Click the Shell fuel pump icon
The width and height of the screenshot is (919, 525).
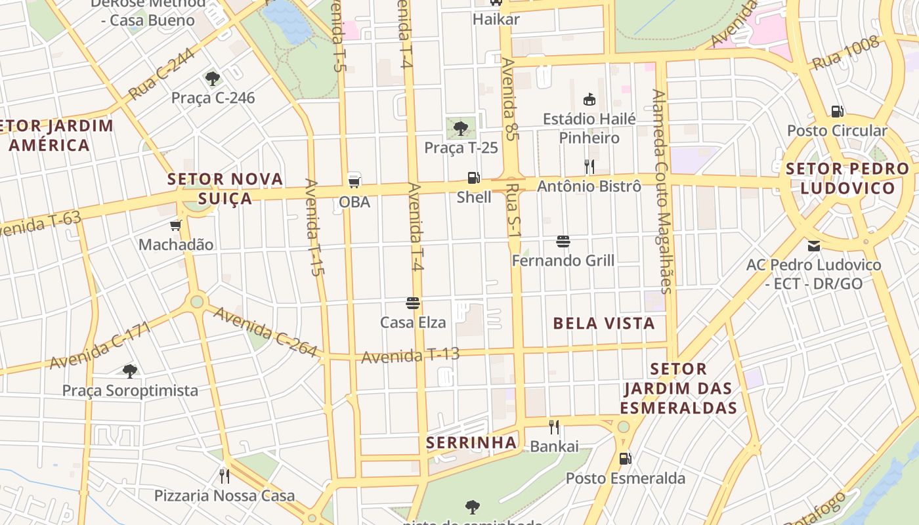473,177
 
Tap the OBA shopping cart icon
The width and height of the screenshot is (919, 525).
354,182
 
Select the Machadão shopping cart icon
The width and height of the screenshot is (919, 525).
175,226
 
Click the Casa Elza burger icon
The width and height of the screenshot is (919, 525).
413,303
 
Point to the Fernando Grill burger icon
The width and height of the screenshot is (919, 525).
563,241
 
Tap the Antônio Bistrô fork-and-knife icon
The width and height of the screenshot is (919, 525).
589,167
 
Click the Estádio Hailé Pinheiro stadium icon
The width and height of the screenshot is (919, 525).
589,100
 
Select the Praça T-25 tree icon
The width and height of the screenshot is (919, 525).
461,128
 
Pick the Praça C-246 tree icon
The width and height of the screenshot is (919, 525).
212,79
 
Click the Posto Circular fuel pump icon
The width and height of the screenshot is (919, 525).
837,112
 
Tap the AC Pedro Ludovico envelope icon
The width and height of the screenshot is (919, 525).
814,246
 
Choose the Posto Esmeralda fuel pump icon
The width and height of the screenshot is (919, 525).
625,459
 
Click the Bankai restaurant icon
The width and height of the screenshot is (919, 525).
554,427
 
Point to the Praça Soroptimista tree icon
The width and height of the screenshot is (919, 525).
130,371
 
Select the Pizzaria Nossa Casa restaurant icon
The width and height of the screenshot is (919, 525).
224,476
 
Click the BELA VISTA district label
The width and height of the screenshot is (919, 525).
604,323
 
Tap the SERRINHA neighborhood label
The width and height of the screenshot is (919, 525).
471,443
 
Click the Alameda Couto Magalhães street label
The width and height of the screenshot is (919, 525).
662,190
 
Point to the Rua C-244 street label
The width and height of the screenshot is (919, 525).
161,75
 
